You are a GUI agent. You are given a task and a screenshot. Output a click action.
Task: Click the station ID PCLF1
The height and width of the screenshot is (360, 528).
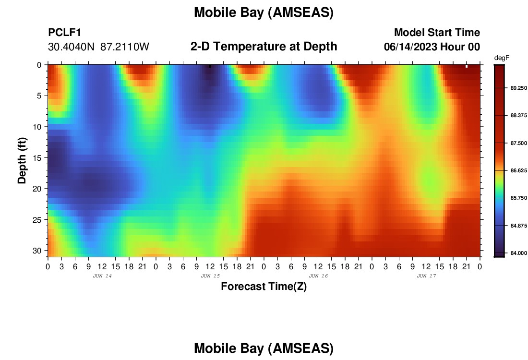(65, 33)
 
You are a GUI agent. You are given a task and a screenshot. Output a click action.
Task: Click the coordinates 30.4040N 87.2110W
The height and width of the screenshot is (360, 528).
(98, 47)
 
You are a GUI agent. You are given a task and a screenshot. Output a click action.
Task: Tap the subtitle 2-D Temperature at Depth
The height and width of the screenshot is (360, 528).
(264, 47)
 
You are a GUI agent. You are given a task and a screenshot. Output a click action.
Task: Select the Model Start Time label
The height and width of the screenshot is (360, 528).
(437, 33)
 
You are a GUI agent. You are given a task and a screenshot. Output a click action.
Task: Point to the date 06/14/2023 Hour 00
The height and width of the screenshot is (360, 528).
(432, 47)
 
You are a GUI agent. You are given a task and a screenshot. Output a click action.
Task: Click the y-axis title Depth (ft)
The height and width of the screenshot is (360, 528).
(22, 161)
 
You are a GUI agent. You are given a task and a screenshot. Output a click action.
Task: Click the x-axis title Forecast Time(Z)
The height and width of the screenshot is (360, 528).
(264, 287)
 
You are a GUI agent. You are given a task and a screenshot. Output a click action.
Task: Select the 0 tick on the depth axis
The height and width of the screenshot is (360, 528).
(39, 65)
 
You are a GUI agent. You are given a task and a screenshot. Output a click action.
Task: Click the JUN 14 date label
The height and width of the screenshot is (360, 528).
(102, 276)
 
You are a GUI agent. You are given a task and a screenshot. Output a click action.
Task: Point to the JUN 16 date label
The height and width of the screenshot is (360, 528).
(318, 276)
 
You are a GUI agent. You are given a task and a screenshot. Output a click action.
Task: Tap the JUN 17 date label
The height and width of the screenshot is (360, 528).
(426, 276)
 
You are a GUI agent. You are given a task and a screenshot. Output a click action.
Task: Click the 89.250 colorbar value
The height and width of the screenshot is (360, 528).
(518, 88)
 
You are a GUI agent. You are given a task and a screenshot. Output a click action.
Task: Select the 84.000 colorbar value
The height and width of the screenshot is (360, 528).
(518, 253)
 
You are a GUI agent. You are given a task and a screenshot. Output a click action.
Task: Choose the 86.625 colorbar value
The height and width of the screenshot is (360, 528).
(518, 171)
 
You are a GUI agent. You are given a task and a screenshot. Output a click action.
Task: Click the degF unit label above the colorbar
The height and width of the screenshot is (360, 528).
(502, 58)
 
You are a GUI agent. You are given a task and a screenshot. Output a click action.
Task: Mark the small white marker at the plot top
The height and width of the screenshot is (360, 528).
(467, 66)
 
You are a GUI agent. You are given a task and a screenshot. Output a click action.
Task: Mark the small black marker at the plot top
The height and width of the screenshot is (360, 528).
(210, 66)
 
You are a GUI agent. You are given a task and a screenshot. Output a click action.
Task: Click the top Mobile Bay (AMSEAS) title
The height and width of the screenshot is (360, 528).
(264, 12)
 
